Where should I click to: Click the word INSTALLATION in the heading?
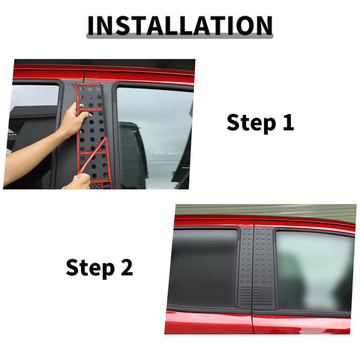179,25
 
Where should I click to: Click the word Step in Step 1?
250,122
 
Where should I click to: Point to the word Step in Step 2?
89,267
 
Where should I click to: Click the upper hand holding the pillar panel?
73,119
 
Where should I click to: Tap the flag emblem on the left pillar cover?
245,298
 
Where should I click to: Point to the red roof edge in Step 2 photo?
262,222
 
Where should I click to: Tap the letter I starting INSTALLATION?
91,25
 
